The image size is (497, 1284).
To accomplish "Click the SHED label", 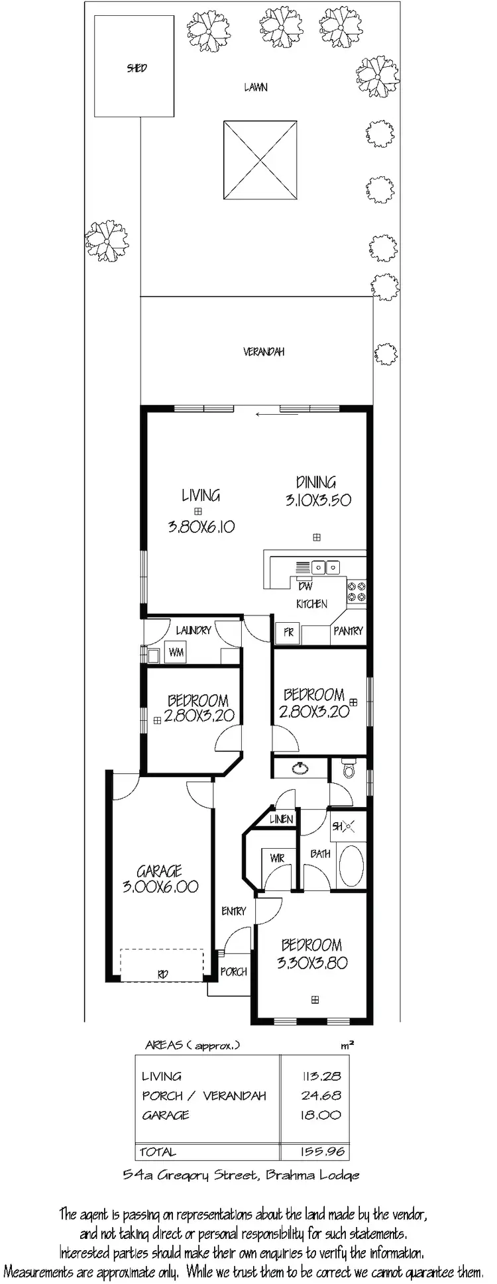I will pyautogui.click(x=137, y=68).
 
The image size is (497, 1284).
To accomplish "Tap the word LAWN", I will pyautogui.click(x=255, y=87).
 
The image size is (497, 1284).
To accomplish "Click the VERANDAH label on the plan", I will pyautogui.click(x=263, y=352).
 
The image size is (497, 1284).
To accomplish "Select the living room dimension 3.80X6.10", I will pyautogui.click(x=201, y=527).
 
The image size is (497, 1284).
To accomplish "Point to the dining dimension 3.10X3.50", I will pyautogui.click(x=318, y=500).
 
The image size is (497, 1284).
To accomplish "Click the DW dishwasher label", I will pyautogui.click(x=305, y=586).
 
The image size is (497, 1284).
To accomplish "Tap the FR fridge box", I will pyautogui.click(x=288, y=632).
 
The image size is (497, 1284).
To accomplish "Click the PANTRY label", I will pyautogui.click(x=348, y=631).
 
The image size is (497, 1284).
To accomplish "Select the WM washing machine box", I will pyautogui.click(x=176, y=653).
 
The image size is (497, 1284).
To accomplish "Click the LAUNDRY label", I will pyautogui.click(x=193, y=630).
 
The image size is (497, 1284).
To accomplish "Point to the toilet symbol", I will pyautogui.click(x=349, y=769).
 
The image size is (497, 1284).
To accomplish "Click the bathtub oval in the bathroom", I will pyautogui.click(x=351, y=865).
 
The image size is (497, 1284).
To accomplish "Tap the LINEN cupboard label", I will pyautogui.click(x=281, y=820).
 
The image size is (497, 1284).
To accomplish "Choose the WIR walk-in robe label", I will pyautogui.click(x=277, y=858).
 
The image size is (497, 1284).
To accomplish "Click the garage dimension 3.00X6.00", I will pyautogui.click(x=160, y=887).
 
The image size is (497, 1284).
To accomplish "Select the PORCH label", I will pyautogui.click(x=233, y=972).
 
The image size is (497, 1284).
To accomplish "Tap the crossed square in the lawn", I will pyautogui.click(x=260, y=160).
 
